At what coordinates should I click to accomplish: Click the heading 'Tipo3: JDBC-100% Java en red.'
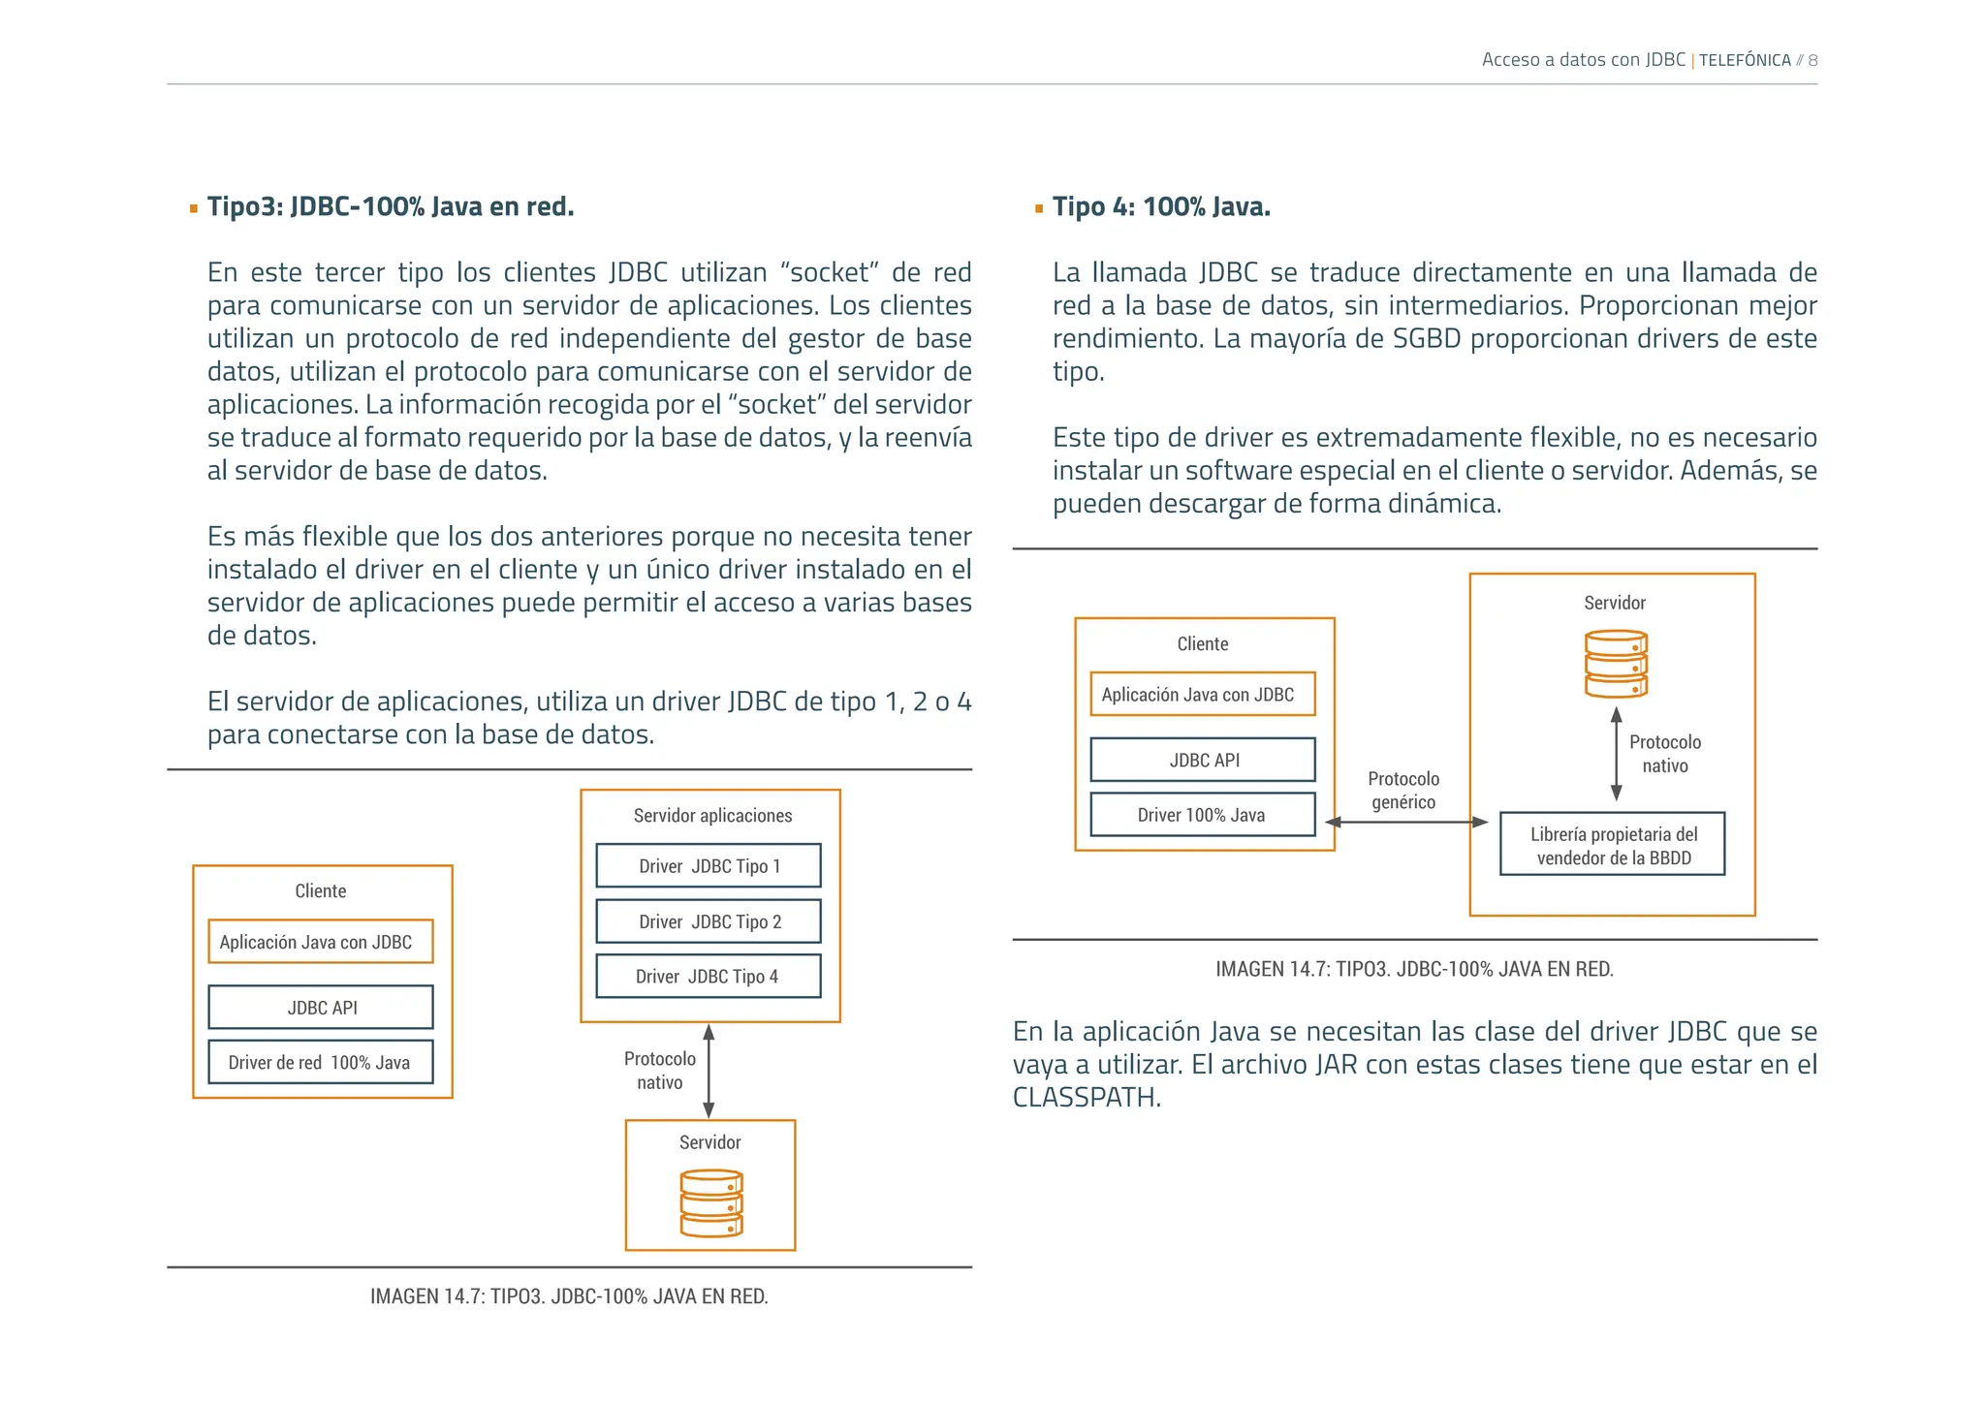pyautogui.click(x=391, y=207)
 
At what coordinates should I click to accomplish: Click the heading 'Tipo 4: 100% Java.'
pyautogui.click(x=1161, y=207)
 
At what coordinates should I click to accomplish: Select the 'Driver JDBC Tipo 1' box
pyautogui.click(x=709, y=866)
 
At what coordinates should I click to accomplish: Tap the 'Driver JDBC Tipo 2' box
pyautogui.click(x=709, y=921)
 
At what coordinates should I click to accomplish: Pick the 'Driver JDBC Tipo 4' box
pyautogui.click(x=709, y=977)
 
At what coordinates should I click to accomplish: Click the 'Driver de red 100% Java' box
pyautogui.click(x=320, y=1062)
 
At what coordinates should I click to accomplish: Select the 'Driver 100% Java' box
pyautogui.click(x=1202, y=815)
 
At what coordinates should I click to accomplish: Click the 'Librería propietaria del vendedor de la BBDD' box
pyautogui.click(x=1613, y=845)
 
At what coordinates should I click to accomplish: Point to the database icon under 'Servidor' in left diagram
pyautogui.click(x=711, y=1203)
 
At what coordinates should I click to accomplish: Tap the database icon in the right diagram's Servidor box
pyautogui.click(x=1616, y=665)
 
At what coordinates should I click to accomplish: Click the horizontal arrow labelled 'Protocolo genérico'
pyautogui.click(x=1406, y=823)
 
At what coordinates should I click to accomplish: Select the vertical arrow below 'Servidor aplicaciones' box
pyautogui.click(x=709, y=1071)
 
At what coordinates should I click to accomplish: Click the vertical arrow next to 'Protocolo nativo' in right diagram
pyautogui.click(x=1616, y=754)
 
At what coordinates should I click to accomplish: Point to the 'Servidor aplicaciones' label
pyautogui.click(x=712, y=816)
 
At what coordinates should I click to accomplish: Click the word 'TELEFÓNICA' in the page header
pyautogui.click(x=1745, y=60)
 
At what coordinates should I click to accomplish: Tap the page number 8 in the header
pyautogui.click(x=1812, y=60)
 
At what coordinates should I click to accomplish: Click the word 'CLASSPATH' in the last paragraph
pyautogui.click(x=1086, y=1098)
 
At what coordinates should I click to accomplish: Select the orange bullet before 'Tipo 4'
pyautogui.click(x=1039, y=208)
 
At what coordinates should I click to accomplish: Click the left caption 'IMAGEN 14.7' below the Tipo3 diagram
pyautogui.click(x=569, y=1296)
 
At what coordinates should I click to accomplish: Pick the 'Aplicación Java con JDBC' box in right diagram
pyautogui.click(x=1202, y=695)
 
